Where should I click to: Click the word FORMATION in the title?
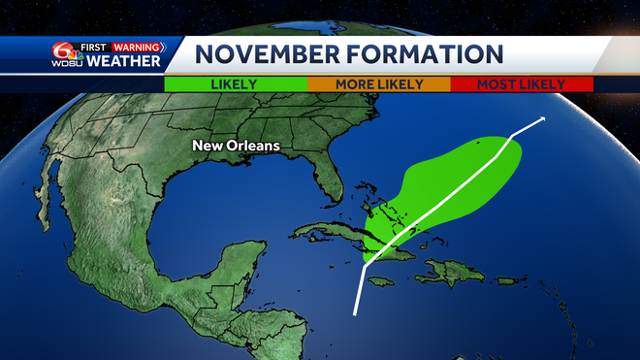(x=412, y=54)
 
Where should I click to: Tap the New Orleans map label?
(x=236, y=146)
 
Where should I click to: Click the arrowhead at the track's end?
(x=541, y=118)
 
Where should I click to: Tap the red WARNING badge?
(x=138, y=46)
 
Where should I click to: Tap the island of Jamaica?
(x=381, y=281)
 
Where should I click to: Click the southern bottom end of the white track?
(x=356, y=314)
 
